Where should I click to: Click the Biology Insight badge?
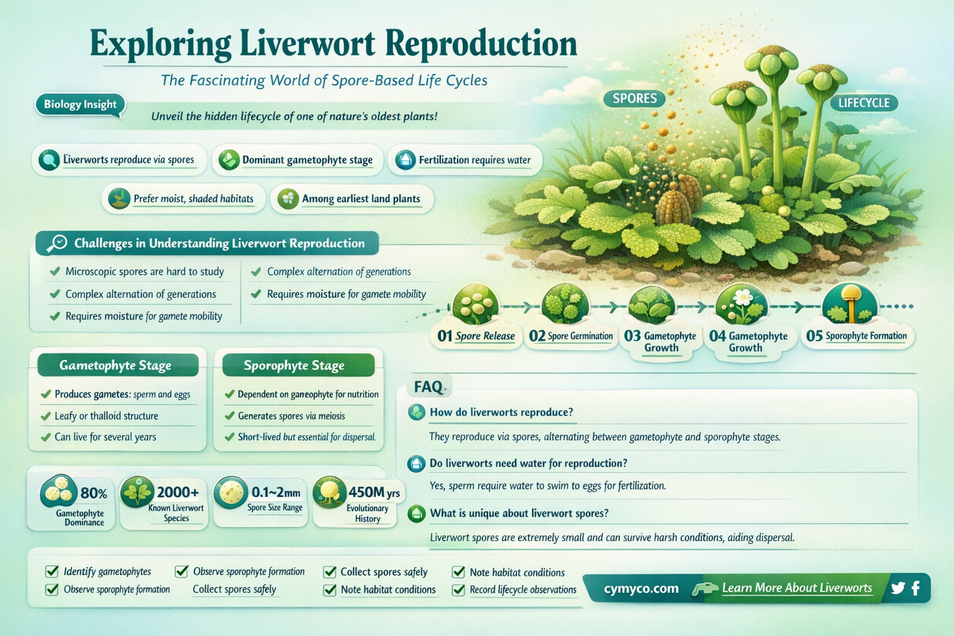pos(80,104)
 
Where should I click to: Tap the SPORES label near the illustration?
pos(634,98)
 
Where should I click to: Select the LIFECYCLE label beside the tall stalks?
pos(863,102)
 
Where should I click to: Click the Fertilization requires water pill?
pos(465,160)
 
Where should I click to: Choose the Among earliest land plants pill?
pos(352,199)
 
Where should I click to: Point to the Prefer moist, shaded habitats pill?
pos(184,199)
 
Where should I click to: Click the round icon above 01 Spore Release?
pos(475,305)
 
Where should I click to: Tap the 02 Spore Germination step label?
pos(571,336)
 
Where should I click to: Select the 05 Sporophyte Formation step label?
pos(857,336)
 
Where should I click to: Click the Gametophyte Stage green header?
pos(116,365)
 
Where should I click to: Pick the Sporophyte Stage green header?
pos(294,365)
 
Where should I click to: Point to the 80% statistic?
pos(94,494)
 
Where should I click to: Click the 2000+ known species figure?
pos(178,493)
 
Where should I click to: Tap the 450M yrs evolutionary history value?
pos(374,493)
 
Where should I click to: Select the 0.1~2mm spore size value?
pos(276,493)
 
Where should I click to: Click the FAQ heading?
pos(428,387)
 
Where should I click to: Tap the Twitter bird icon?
pos(897,588)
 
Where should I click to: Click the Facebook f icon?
pos(915,588)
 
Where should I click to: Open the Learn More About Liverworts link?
pos(797,588)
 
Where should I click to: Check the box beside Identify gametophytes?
pos(52,571)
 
